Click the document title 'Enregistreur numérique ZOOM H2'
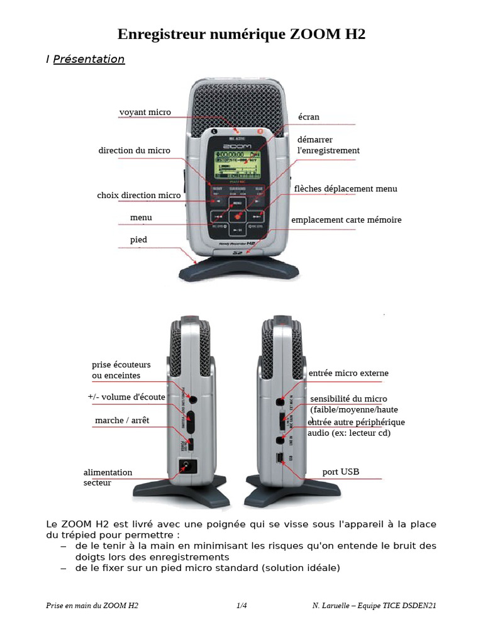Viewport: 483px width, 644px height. pyautogui.click(x=241, y=34)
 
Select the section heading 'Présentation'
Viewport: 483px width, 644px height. pyautogui.click(x=89, y=59)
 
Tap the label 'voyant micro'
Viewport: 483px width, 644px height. pyautogui.click(x=145, y=113)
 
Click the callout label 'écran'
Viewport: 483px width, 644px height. pyautogui.click(x=309, y=117)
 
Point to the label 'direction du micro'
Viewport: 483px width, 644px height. pyautogui.click(x=134, y=150)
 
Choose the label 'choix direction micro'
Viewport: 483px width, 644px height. pyautogui.click(x=138, y=196)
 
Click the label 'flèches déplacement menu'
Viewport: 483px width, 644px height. pyautogui.click(x=345, y=189)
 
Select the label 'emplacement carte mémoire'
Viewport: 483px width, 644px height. pyautogui.click(x=346, y=220)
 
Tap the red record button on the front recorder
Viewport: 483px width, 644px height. pyautogui.click(x=238, y=216)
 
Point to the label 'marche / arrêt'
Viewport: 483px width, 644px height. pyautogui.click(x=122, y=420)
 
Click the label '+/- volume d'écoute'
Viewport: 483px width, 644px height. pyautogui.click(x=126, y=397)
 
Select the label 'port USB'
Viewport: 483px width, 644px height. pyautogui.click(x=340, y=472)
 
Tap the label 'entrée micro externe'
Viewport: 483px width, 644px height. pyautogui.click(x=348, y=373)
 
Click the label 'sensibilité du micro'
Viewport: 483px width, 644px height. pyautogui.click(x=348, y=399)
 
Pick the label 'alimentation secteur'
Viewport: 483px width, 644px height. pyautogui.click(x=108, y=477)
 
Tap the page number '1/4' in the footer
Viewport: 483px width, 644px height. pyautogui.click(x=241, y=606)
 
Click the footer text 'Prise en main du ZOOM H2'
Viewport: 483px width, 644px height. pyautogui.click(x=92, y=606)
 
